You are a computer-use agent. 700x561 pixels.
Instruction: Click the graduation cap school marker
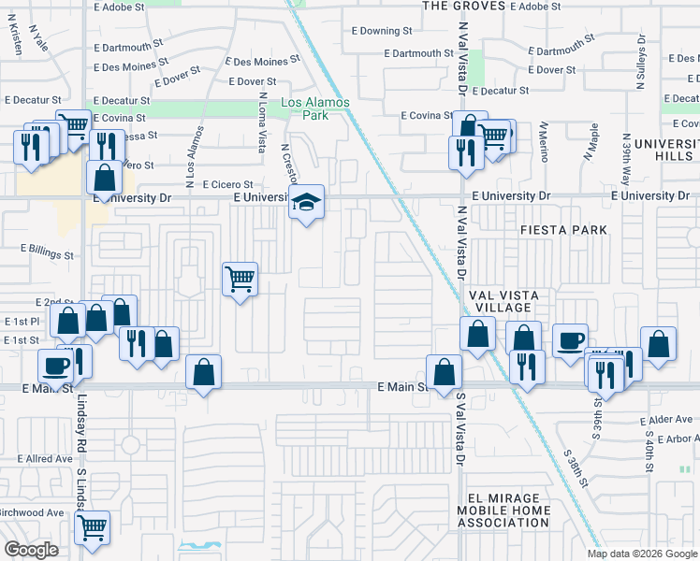(305, 202)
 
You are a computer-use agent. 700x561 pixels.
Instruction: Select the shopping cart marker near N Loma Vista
(241, 277)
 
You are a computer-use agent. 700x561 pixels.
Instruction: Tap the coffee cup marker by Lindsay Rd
(54, 365)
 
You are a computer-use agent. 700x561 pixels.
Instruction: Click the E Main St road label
(402, 386)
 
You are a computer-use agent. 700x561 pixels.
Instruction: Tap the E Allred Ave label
(45, 459)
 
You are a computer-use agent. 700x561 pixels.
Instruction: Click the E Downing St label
(386, 31)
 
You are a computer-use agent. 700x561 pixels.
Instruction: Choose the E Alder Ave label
(668, 421)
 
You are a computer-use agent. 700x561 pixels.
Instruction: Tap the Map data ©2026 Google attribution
(641, 554)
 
